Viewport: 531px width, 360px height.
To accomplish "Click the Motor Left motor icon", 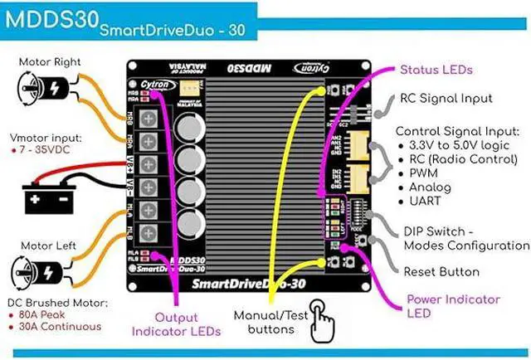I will click(35, 273).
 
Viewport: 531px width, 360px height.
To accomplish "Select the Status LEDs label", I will click(436, 71).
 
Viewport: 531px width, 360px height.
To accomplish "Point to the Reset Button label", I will click(441, 272).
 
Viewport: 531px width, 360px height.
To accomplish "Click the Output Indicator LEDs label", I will click(176, 324).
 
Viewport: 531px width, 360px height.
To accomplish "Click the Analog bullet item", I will click(430, 187).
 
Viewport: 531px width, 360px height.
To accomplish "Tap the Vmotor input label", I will click(46, 139).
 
